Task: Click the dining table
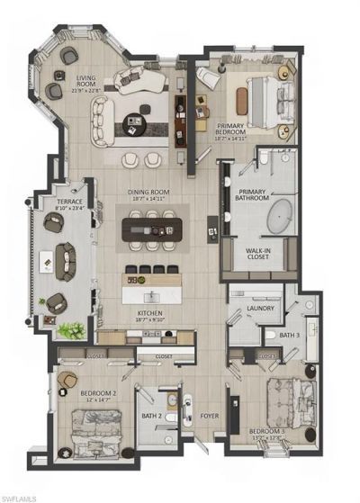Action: click(x=151, y=230)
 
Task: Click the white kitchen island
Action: click(x=151, y=293)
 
